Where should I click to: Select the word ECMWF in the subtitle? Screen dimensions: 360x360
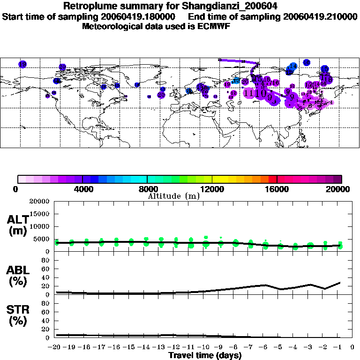point(215,26)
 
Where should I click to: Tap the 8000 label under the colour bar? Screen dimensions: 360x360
point(147,189)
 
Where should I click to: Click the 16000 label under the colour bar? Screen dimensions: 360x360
point(277,189)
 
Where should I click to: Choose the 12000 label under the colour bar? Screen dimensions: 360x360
point(212,189)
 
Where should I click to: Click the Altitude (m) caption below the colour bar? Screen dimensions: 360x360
point(173,196)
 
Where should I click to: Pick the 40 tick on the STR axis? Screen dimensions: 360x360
point(46,321)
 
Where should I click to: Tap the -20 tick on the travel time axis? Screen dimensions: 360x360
point(55,348)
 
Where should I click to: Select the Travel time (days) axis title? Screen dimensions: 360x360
point(205,355)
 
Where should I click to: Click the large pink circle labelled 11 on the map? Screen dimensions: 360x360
point(249,93)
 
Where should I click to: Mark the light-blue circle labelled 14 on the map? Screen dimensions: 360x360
point(293,67)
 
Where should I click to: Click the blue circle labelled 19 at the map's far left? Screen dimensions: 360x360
point(22,64)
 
